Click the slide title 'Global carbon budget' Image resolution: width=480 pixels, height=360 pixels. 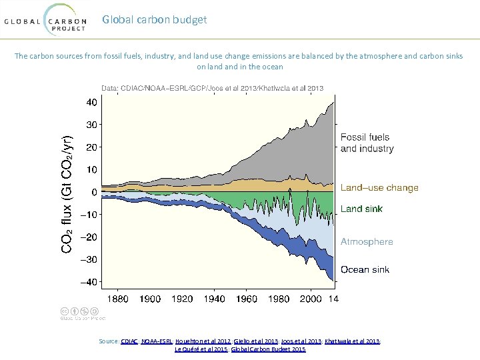(x=154, y=19)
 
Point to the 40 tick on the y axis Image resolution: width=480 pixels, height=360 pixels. (x=90, y=102)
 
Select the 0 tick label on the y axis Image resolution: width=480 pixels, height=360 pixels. (x=94, y=192)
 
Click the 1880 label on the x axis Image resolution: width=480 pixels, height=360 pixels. (x=118, y=299)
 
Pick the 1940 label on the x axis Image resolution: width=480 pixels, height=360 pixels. (x=215, y=299)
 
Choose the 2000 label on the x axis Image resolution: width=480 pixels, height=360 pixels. (x=311, y=299)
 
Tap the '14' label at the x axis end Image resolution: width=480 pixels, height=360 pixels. (x=333, y=299)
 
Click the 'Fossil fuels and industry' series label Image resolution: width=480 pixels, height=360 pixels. (x=367, y=143)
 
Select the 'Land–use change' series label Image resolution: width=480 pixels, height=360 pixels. (x=379, y=188)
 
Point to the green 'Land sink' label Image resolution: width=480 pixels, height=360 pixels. (x=361, y=209)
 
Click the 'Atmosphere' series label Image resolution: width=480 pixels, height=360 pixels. (x=367, y=242)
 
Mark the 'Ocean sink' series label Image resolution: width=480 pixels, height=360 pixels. (x=365, y=270)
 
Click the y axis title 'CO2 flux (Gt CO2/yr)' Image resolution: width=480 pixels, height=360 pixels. (x=67, y=192)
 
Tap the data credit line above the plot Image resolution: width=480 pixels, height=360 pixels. (x=212, y=87)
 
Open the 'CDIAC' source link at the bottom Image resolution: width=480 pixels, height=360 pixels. (x=129, y=341)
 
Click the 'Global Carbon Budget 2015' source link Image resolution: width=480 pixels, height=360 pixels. (x=267, y=349)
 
